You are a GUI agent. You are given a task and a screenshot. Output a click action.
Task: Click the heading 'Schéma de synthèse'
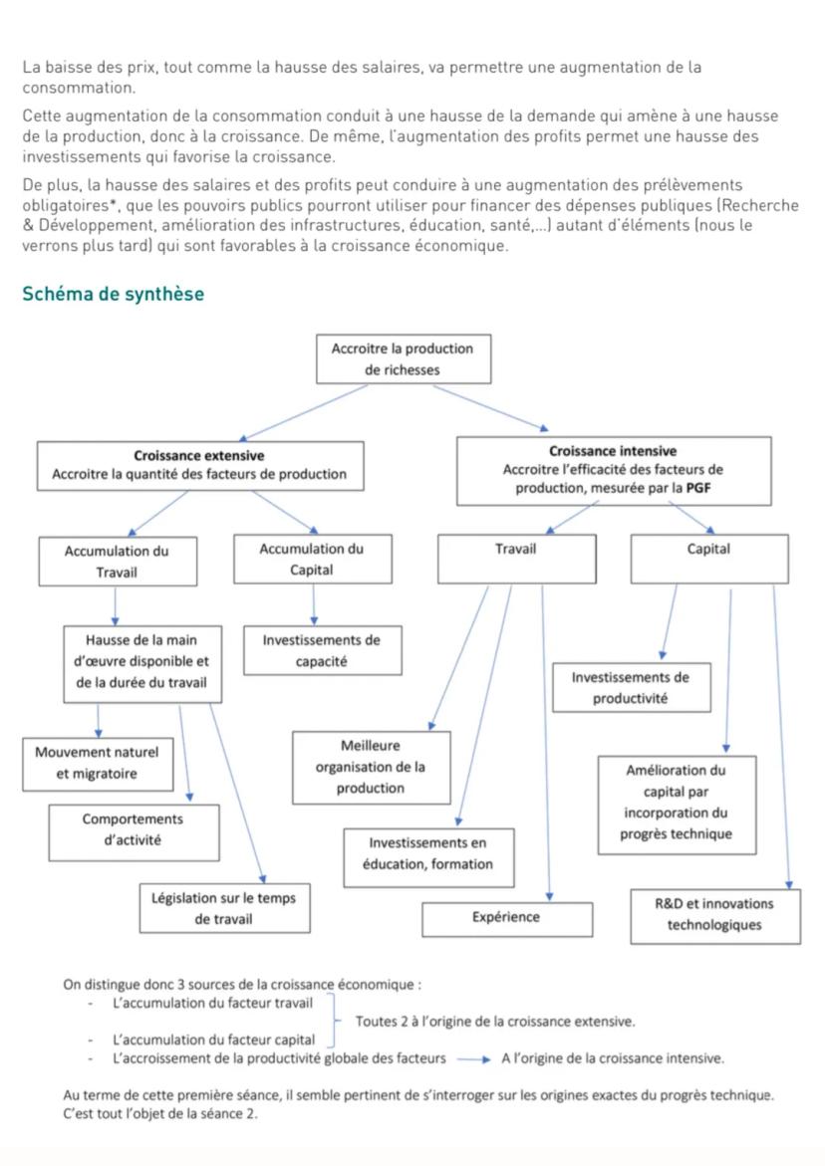pyautogui.click(x=113, y=294)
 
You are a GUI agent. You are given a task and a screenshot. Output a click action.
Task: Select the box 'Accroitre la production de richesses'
pyautogui.click(x=403, y=359)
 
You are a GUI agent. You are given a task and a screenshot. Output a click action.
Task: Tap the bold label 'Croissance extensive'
pyautogui.click(x=199, y=456)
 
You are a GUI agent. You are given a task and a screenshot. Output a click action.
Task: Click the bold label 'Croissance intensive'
pyautogui.click(x=612, y=451)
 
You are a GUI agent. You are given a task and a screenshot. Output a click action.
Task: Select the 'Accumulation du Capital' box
pyautogui.click(x=311, y=560)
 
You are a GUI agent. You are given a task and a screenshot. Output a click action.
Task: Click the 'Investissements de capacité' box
pyautogui.click(x=321, y=650)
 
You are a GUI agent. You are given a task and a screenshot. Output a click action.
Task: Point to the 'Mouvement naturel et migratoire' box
pyautogui.click(x=97, y=763)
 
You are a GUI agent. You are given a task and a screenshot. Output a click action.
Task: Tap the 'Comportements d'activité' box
pyautogui.click(x=133, y=829)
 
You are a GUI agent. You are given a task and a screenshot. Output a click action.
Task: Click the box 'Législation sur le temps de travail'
pyautogui.click(x=223, y=908)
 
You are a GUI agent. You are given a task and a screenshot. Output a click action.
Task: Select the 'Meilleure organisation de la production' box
pyautogui.click(x=370, y=767)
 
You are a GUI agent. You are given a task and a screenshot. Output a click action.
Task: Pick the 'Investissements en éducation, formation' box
pyautogui.click(x=427, y=854)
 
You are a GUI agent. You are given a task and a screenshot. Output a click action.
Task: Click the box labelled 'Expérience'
pyautogui.click(x=505, y=918)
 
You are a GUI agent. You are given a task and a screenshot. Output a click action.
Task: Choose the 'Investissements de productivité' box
pyautogui.click(x=630, y=687)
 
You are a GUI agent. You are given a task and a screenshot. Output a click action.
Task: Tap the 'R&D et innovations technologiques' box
pyautogui.click(x=713, y=914)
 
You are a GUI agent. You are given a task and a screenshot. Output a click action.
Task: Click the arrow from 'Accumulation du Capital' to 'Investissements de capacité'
pyautogui.click(x=314, y=604)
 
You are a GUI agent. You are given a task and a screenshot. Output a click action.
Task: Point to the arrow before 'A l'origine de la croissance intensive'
pyautogui.click(x=473, y=1058)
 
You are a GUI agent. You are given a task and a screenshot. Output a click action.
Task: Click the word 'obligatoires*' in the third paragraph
pyautogui.click(x=66, y=204)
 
